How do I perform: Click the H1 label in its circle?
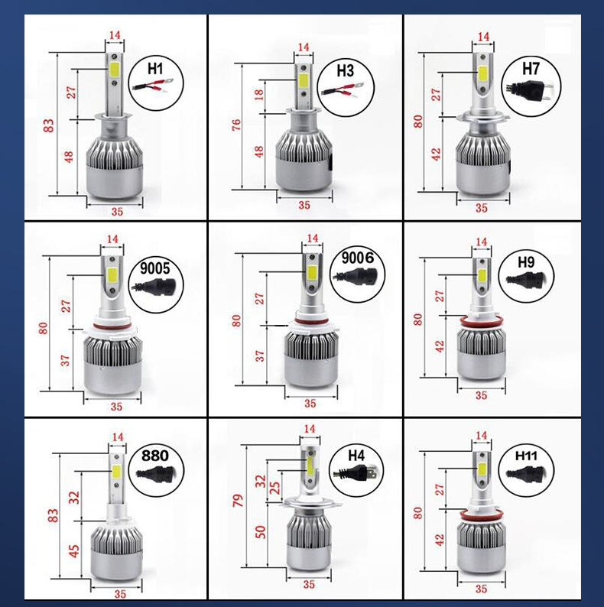[x=155, y=69]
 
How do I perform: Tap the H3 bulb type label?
[x=345, y=71]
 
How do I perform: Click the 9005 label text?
[x=155, y=268]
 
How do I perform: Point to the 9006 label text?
[x=357, y=258]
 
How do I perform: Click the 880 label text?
[x=155, y=456]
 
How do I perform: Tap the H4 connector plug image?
[x=356, y=472]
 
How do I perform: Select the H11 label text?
[x=526, y=456]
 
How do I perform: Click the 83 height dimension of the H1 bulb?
[x=49, y=126]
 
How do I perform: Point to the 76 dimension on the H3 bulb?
[x=236, y=125]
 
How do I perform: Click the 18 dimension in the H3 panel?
[x=258, y=94]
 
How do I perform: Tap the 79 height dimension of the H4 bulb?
[x=238, y=501]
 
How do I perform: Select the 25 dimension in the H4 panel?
[x=274, y=488]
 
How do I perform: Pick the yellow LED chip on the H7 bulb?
[x=482, y=73]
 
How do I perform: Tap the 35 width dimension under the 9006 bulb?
[x=310, y=404]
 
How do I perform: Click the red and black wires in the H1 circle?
[x=152, y=85]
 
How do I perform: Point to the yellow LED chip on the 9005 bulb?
[x=112, y=274]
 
